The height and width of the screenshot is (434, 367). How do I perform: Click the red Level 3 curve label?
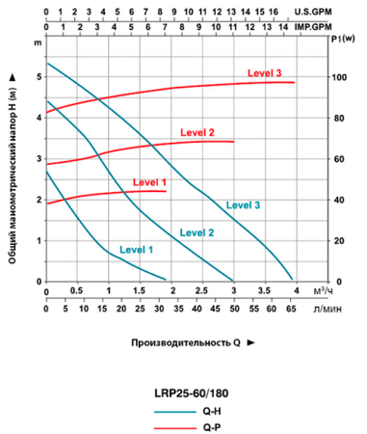[x=264, y=73]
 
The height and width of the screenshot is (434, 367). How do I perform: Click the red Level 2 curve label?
[x=197, y=132]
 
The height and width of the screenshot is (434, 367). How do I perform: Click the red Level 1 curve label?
[x=150, y=182]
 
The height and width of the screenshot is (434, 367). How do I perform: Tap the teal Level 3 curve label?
[x=243, y=204]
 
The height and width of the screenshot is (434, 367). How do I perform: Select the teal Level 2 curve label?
[x=197, y=232]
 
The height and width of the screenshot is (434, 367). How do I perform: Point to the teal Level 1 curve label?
[x=136, y=250]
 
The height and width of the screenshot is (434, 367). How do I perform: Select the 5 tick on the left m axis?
[x=39, y=77]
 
